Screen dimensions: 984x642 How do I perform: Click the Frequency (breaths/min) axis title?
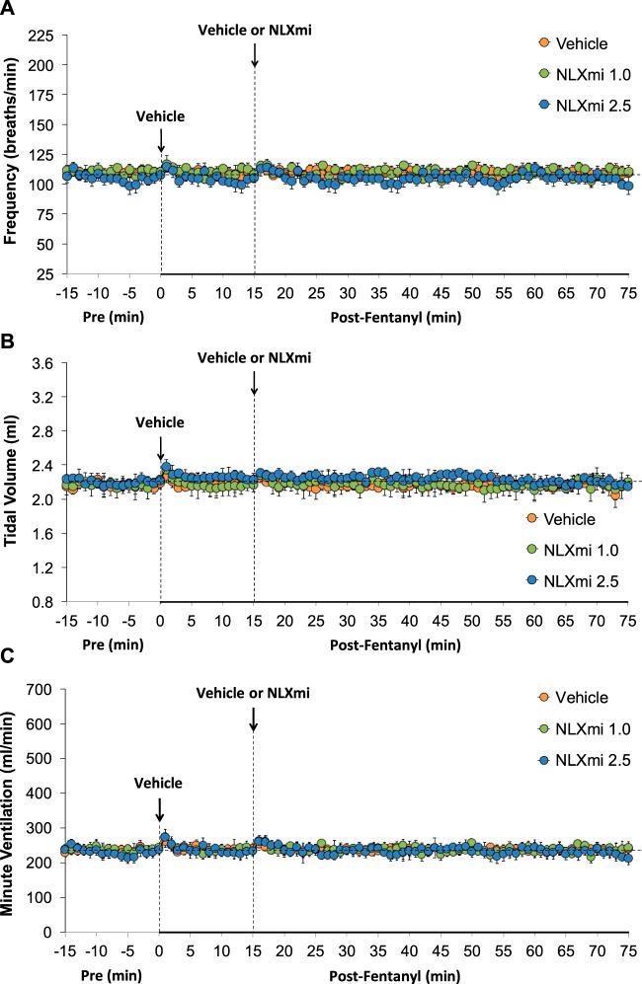coord(13,154)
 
